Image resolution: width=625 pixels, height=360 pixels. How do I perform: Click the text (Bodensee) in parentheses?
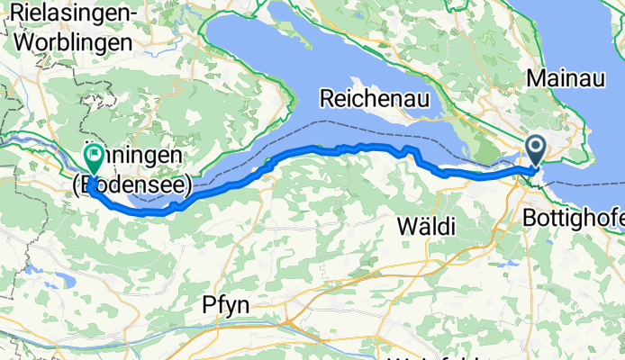131,185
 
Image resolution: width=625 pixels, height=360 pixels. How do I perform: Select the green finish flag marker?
94,158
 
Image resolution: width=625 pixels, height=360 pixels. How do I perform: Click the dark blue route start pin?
534,148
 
